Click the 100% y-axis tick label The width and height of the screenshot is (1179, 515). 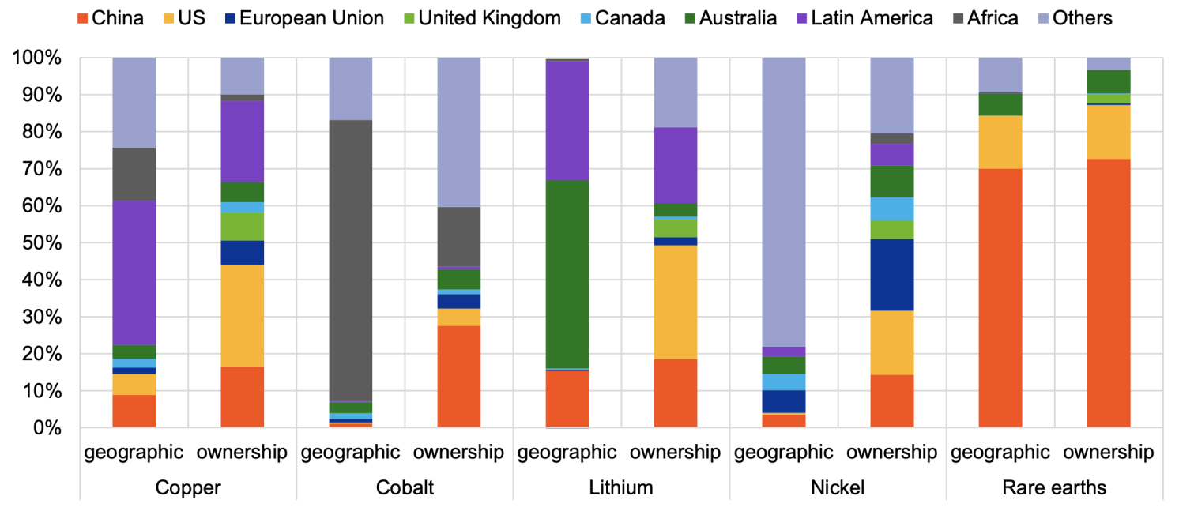coord(36,58)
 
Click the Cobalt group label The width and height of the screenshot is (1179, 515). coord(405,487)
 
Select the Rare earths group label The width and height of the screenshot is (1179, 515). coord(1054,487)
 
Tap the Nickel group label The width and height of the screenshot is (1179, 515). coord(838,487)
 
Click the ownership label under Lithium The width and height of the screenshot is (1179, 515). coord(676,453)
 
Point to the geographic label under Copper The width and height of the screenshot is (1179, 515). coord(134,453)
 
